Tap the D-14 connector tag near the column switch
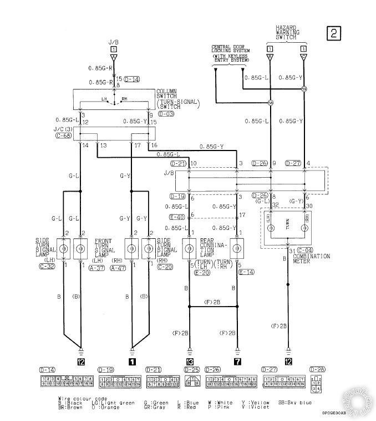133,79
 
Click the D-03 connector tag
166,113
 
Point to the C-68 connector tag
64,135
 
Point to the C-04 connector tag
306,250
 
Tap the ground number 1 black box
131,360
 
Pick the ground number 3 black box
190,360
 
